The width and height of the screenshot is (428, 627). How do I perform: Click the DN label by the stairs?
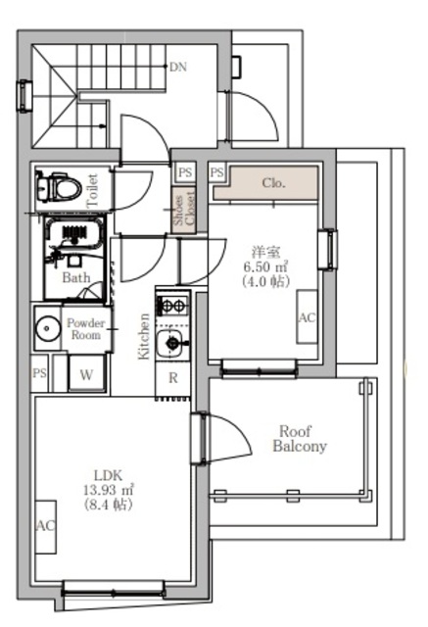pyautogui.click(x=178, y=67)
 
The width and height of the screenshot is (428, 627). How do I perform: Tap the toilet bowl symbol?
pyautogui.click(x=59, y=187)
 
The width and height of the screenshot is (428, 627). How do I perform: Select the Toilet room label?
pyautogui.click(x=92, y=190)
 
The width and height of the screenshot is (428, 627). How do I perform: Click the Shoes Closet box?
pyautogui.click(x=183, y=210)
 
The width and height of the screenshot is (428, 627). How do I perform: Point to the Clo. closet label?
pyautogui.click(x=274, y=183)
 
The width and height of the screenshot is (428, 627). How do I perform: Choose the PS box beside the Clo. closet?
pyautogui.click(x=217, y=172)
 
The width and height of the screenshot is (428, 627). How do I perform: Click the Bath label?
pyautogui.click(x=76, y=277)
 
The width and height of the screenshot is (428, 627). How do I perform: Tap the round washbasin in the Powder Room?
pyautogui.click(x=47, y=329)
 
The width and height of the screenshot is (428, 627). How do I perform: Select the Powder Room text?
pyautogui.click(x=85, y=329)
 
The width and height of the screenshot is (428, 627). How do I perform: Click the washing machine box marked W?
pyautogui.click(x=86, y=373)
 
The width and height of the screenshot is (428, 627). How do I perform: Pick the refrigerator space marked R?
pyautogui.click(x=173, y=378)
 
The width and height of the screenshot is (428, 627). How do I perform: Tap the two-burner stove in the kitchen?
pyautogui.click(x=173, y=307)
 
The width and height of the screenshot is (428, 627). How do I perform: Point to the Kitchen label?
pyautogui.click(x=144, y=336)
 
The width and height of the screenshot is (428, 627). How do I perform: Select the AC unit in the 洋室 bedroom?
pyautogui.click(x=307, y=316)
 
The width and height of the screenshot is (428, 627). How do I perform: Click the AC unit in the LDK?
pyautogui.click(x=46, y=527)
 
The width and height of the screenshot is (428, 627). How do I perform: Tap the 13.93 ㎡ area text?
pyautogui.click(x=109, y=490)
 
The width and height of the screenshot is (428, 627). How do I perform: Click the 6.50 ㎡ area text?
pyautogui.click(x=265, y=266)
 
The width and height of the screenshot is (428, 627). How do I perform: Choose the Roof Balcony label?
pyautogui.click(x=300, y=439)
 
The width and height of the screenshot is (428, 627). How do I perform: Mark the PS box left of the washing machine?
pyautogui.click(x=39, y=373)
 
